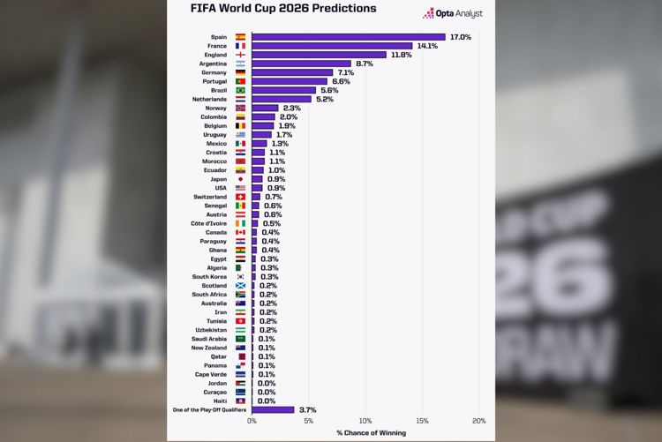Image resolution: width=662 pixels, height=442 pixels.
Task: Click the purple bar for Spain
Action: pyautogui.click(x=349, y=37)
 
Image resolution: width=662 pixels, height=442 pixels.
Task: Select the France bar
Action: pyautogui.click(x=332, y=46)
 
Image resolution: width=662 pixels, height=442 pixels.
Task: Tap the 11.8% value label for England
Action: pyautogui.click(x=401, y=55)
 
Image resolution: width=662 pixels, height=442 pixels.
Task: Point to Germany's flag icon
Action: pyautogui.click(x=240, y=72)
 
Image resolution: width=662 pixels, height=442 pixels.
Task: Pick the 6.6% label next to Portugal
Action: pyautogui.click(x=340, y=81)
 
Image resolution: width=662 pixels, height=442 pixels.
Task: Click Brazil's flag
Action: pyautogui.click(x=240, y=90)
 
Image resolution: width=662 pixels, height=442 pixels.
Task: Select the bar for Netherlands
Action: pyautogui.click(x=282, y=99)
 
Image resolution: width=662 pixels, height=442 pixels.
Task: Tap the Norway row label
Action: pyautogui.click(x=215, y=108)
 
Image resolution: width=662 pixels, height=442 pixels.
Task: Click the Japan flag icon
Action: pyautogui.click(x=240, y=179)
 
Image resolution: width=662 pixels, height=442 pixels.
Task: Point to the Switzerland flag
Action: pyautogui.click(x=240, y=197)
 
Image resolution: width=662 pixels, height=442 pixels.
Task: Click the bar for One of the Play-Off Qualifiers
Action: pyautogui.click(x=273, y=410)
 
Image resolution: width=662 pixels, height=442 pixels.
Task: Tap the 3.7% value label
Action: pyautogui.click(x=307, y=410)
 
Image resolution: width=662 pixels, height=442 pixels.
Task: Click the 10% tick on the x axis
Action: pyautogui.click(x=365, y=421)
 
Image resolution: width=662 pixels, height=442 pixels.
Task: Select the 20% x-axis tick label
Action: pyautogui.click(x=479, y=421)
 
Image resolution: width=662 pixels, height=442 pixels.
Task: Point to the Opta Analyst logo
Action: pyautogui.click(x=453, y=13)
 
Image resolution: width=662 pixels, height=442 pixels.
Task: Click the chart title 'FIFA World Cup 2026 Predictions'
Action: pyautogui.click(x=283, y=9)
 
